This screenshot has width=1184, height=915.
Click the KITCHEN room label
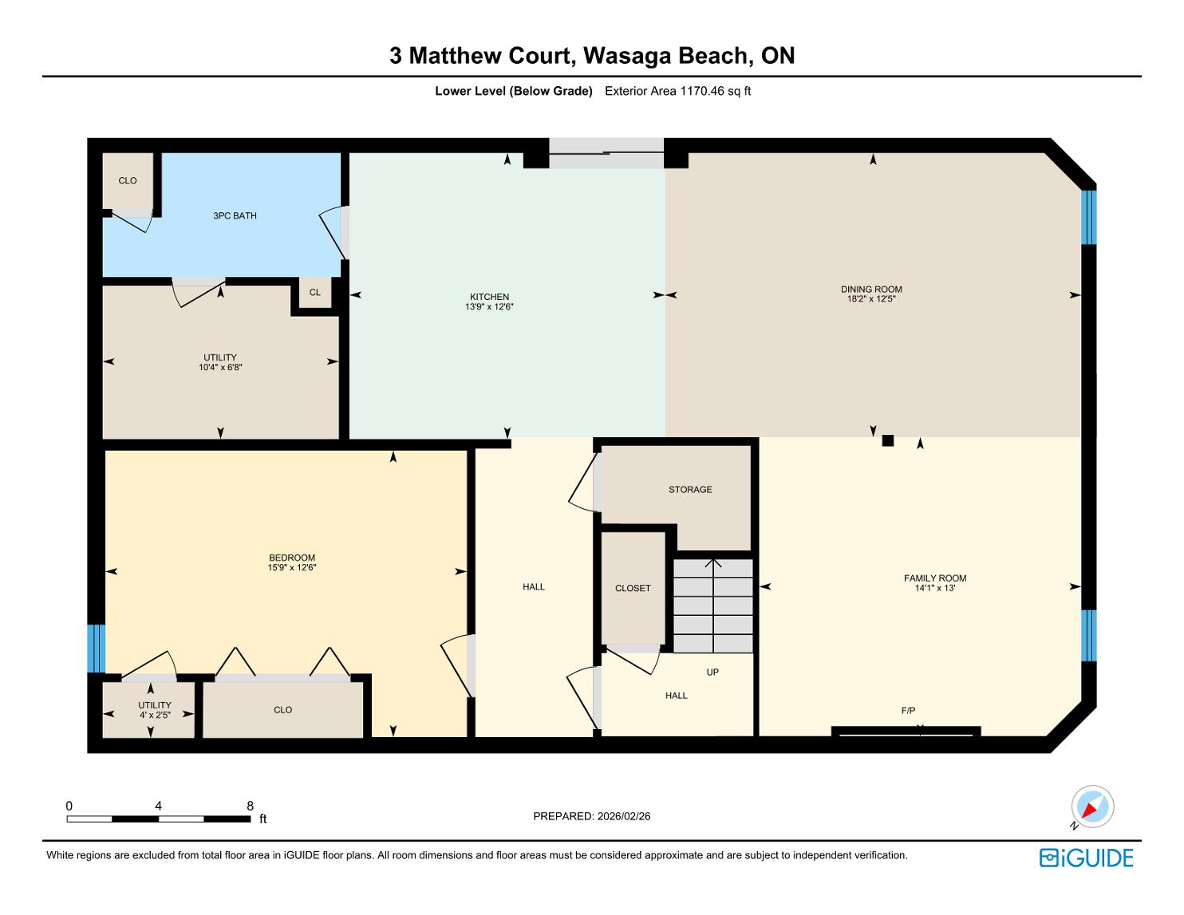(489, 297)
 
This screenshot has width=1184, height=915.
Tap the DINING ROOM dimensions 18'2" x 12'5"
(870, 299)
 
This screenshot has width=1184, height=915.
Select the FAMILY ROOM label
(934, 578)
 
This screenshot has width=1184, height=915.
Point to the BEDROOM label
(291, 558)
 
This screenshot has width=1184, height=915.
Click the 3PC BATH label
(235, 215)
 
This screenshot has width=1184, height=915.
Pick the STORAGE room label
(690, 490)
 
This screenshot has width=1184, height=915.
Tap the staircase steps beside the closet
(712, 605)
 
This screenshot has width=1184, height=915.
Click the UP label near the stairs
(712, 672)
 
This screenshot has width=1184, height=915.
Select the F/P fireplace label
(908, 710)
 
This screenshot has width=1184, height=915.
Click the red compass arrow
(1089, 810)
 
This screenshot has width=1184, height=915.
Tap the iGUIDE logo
(1086, 858)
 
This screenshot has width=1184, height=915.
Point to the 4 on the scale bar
(158, 806)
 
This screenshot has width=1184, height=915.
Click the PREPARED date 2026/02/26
(623, 816)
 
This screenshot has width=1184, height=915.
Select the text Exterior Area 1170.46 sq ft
(677, 91)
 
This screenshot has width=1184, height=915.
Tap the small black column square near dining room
(887, 440)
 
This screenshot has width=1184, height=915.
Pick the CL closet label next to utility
(315, 293)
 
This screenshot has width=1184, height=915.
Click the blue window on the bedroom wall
(96, 648)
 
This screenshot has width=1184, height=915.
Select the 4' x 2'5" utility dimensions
(155, 715)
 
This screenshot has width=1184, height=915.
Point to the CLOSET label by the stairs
(633, 588)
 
